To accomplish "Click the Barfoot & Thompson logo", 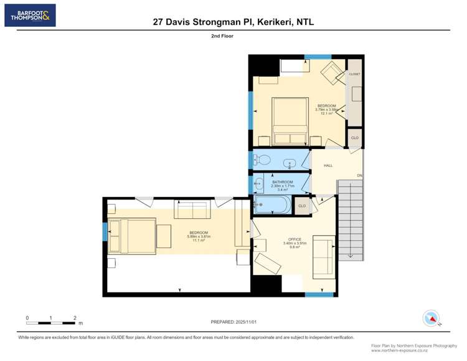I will pyautogui.click(x=30, y=16).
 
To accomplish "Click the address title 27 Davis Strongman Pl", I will pyautogui.click(x=233, y=21).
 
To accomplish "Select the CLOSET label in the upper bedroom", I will pyautogui.click(x=354, y=74).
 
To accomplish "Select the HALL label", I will pyautogui.click(x=328, y=165).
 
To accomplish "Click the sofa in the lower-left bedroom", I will pyautogui.click(x=192, y=210).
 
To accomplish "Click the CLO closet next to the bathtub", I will pyautogui.click(x=302, y=206).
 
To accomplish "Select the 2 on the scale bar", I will pyautogui.click(x=75, y=318).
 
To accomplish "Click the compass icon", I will pyautogui.click(x=430, y=318).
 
